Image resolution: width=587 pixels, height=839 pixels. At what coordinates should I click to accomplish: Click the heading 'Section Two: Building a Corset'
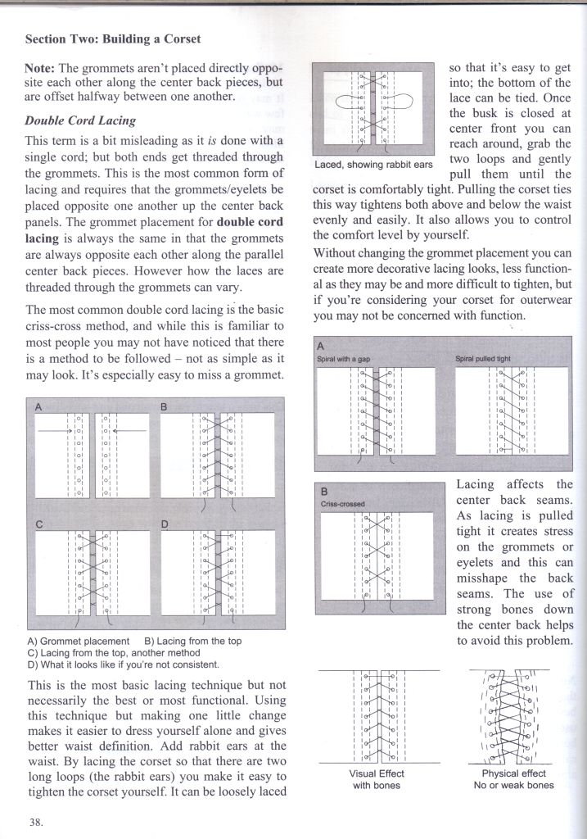click(x=113, y=39)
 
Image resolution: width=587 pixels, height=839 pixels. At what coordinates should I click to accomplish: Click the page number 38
click(x=36, y=823)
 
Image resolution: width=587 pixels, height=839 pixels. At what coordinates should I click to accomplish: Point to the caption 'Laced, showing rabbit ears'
click(x=373, y=165)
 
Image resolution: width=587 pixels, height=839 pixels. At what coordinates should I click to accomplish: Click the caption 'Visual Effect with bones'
click(x=377, y=779)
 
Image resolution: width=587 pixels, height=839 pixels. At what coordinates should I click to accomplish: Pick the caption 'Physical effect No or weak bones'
click(x=512, y=779)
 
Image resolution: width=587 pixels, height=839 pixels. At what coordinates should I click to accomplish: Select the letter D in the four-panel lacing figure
click(x=164, y=523)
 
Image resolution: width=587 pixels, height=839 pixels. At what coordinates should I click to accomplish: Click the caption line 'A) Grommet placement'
click(x=79, y=641)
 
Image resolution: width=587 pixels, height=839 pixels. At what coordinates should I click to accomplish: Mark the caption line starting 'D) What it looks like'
click(x=123, y=664)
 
